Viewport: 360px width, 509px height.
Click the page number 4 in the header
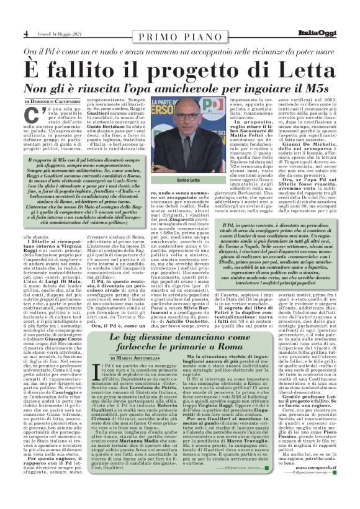[25, 33]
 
